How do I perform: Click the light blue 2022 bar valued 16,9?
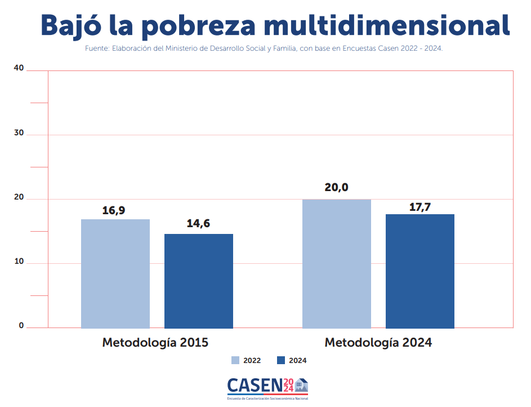pyautogui.click(x=115, y=273)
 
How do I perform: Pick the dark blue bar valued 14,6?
pyautogui.click(x=199, y=281)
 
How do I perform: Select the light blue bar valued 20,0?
pyautogui.click(x=337, y=263)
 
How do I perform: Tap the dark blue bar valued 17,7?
pyautogui.click(x=420, y=271)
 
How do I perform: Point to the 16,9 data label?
pyautogui.click(x=114, y=210)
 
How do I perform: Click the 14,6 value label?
pyautogui.click(x=198, y=224)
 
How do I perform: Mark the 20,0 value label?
pyautogui.click(x=336, y=187)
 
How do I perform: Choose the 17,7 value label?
pyautogui.click(x=420, y=207)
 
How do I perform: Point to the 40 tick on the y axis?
pyautogui.click(x=19, y=68)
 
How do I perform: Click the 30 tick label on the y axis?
pyautogui.click(x=19, y=134)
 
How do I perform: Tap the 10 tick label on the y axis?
pyautogui.click(x=19, y=262)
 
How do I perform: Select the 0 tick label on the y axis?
pyautogui.click(x=21, y=325)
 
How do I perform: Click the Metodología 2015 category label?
pyautogui.click(x=155, y=342)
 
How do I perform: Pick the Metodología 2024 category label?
pyautogui.click(x=378, y=342)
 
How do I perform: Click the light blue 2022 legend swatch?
pyautogui.click(x=235, y=360)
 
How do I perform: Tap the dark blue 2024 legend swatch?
pyautogui.click(x=282, y=360)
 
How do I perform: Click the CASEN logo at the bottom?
pyautogui.click(x=267, y=387)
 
